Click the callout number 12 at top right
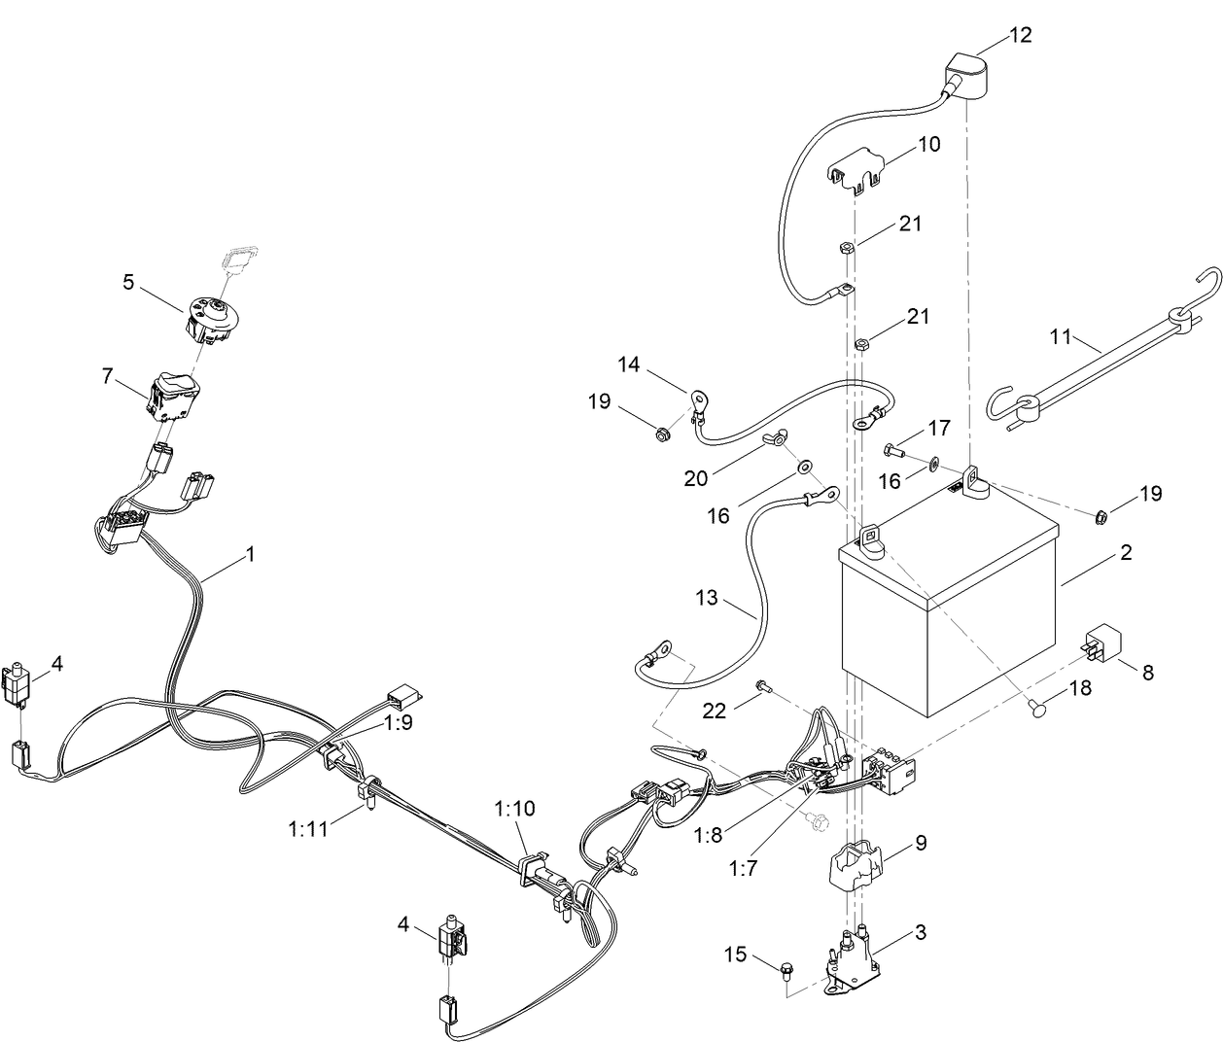(1020, 35)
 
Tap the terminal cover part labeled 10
(856, 170)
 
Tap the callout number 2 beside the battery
(1126, 553)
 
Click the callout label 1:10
(514, 808)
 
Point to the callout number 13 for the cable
(707, 597)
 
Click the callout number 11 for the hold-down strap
(1061, 337)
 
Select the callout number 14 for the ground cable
(629, 365)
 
